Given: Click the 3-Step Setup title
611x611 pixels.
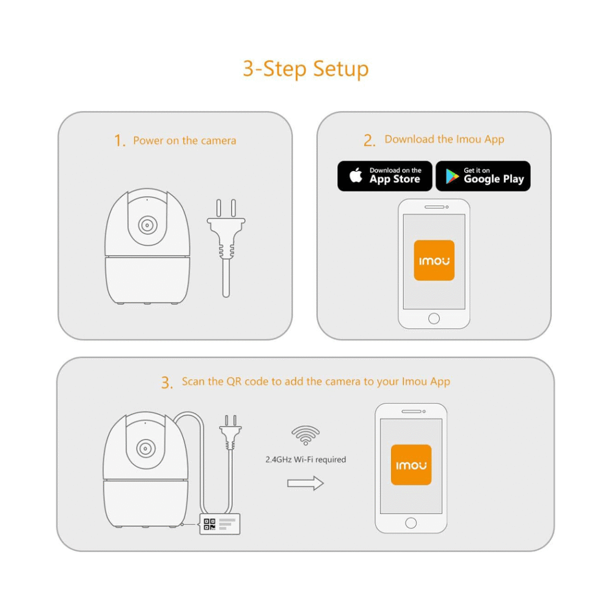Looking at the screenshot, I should pyautogui.click(x=305, y=68).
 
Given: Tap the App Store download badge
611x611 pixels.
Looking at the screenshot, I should pyautogui.click(x=385, y=176).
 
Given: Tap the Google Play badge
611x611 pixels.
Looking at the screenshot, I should pyautogui.click(x=483, y=176).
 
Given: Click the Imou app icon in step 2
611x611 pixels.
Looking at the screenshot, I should pyautogui.click(x=434, y=260).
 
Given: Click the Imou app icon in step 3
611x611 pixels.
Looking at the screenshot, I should pyautogui.click(x=411, y=465).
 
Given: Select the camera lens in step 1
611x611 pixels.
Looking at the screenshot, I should pyautogui.click(x=147, y=225).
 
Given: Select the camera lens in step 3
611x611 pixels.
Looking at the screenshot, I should pyautogui.click(x=145, y=447).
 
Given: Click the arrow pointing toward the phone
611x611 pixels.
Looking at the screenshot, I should pyautogui.click(x=305, y=483).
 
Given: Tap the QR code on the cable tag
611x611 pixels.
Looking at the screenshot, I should pyautogui.click(x=210, y=524).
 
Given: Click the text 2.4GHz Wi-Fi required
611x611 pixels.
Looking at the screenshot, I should pyautogui.click(x=305, y=459).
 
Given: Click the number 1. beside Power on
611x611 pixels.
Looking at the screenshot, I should pyautogui.click(x=120, y=141).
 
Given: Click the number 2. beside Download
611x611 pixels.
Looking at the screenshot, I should pyautogui.click(x=369, y=141).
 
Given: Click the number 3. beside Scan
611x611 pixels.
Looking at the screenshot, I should pyautogui.click(x=167, y=383).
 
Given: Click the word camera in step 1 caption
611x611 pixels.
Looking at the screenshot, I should pyautogui.click(x=218, y=141).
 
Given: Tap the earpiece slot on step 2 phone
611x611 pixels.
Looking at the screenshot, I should pyautogui.click(x=434, y=207).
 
